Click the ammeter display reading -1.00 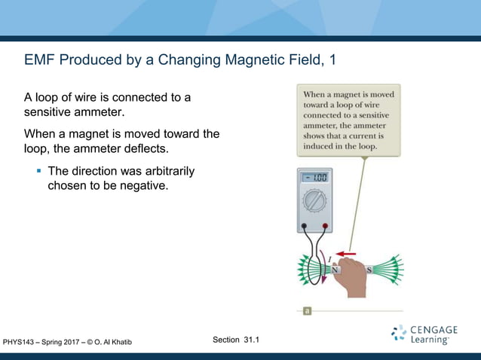(314, 178)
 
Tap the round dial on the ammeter (314, 201)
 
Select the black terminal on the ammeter (303, 225)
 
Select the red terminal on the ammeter (324, 225)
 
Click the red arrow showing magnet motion (345, 253)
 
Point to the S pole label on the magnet (369, 269)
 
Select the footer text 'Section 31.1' (236, 340)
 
